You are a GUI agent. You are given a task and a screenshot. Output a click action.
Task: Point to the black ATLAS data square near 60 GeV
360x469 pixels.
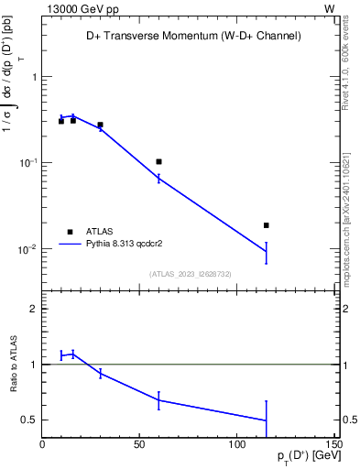coord(158,161)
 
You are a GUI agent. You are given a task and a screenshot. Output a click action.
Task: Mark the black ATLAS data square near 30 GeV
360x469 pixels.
coord(100,125)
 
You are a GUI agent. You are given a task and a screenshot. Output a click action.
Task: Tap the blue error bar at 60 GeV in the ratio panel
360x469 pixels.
coord(158,400)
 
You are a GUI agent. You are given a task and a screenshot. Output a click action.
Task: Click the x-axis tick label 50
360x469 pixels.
coord(139,444)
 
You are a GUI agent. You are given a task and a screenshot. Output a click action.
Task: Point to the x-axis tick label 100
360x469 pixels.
coord(236,444)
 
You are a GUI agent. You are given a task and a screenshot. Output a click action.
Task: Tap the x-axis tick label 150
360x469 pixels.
coord(333,444)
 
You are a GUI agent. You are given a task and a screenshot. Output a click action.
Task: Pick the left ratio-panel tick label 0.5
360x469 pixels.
coord(29,420)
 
